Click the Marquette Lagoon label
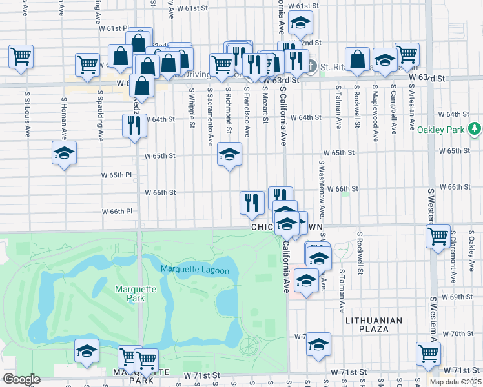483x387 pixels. (194, 270)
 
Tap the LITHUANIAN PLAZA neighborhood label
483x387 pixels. (374, 324)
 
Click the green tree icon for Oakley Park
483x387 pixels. (475, 129)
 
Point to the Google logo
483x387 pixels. (21, 379)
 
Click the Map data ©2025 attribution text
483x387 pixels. (455, 382)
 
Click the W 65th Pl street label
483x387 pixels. (116, 175)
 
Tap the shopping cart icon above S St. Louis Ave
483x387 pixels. (21, 55)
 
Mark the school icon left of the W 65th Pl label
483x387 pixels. (64, 154)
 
